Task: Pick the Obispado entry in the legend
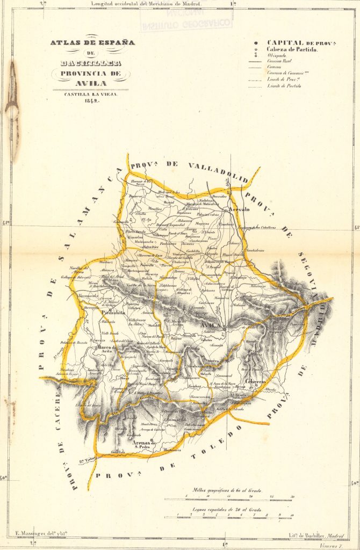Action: point(279,56)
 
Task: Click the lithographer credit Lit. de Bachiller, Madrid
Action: point(312,536)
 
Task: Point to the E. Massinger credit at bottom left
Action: point(38,536)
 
